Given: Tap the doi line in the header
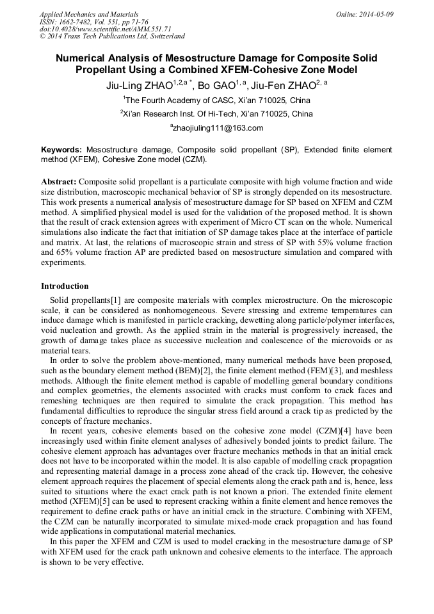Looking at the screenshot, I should click(106, 29).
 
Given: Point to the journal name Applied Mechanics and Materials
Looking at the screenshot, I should click(89, 14).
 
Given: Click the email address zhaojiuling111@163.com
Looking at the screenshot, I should click(218, 128).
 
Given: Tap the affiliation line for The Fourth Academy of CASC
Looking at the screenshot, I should click(217, 101).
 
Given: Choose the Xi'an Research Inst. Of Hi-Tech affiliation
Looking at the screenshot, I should click(217, 114).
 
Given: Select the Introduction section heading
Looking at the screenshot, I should click(65, 286).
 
